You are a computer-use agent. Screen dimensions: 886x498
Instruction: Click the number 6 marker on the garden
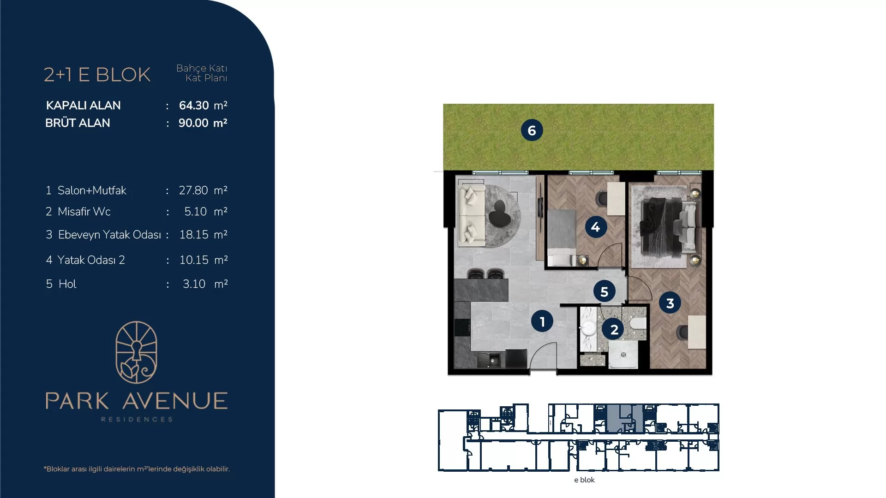coord(532,130)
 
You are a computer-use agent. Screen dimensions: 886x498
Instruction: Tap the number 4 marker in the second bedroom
coord(595,227)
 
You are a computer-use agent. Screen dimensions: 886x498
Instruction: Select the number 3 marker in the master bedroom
coord(670,303)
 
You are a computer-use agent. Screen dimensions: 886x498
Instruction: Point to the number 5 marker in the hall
coord(604,291)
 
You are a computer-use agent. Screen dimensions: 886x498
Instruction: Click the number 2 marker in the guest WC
coord(614,329)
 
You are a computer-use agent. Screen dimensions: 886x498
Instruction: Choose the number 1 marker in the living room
coord(542,321)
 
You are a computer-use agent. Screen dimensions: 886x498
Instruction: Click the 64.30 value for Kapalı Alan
coord(194,106)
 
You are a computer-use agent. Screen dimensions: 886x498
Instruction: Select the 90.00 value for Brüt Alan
coord(193,123)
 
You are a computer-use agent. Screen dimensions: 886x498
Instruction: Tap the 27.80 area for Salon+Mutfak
coord(193,190)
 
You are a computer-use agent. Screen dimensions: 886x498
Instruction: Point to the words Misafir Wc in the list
coord(84,212)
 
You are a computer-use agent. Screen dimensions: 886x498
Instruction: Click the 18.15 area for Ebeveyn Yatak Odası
coord(194,235)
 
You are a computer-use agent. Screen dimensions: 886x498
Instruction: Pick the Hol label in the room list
coord(67,284)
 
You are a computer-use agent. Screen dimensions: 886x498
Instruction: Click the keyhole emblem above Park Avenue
coord(136,353)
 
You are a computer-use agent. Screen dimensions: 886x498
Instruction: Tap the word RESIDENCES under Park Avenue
coord(137,419)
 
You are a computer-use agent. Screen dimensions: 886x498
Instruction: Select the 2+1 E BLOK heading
coord(97,75)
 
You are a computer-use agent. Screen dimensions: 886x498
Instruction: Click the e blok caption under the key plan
coord(584,480)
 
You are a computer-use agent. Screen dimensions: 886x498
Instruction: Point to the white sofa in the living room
coord(471,216)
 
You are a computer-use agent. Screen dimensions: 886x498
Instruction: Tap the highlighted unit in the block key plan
coord(625,418)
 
